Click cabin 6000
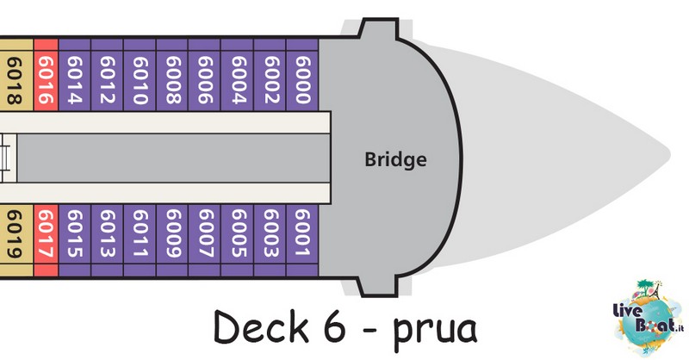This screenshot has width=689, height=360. [302, 75]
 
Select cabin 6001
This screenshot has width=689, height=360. [302, 240]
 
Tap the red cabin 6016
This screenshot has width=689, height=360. [47, 75]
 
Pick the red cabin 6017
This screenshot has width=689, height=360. [47, 240]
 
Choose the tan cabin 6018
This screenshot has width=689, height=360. [16, 75]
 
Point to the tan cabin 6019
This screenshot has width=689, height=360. [16, 240]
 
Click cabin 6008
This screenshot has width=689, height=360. [172, 75]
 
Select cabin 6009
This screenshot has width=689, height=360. [172, 240]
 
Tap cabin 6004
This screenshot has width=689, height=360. [238, 75]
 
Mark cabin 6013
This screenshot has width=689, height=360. [107, 240]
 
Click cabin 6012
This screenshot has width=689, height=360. [107, 75]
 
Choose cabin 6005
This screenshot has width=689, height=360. [238, 240]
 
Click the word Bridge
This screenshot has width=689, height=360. [395, 158]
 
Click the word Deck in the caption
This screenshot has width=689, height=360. [261, 326]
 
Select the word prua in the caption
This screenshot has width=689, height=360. [434, 331]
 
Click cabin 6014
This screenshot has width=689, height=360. [75, 75]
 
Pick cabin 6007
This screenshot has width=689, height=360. [205, 240]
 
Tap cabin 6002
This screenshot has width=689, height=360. [270, 75]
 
